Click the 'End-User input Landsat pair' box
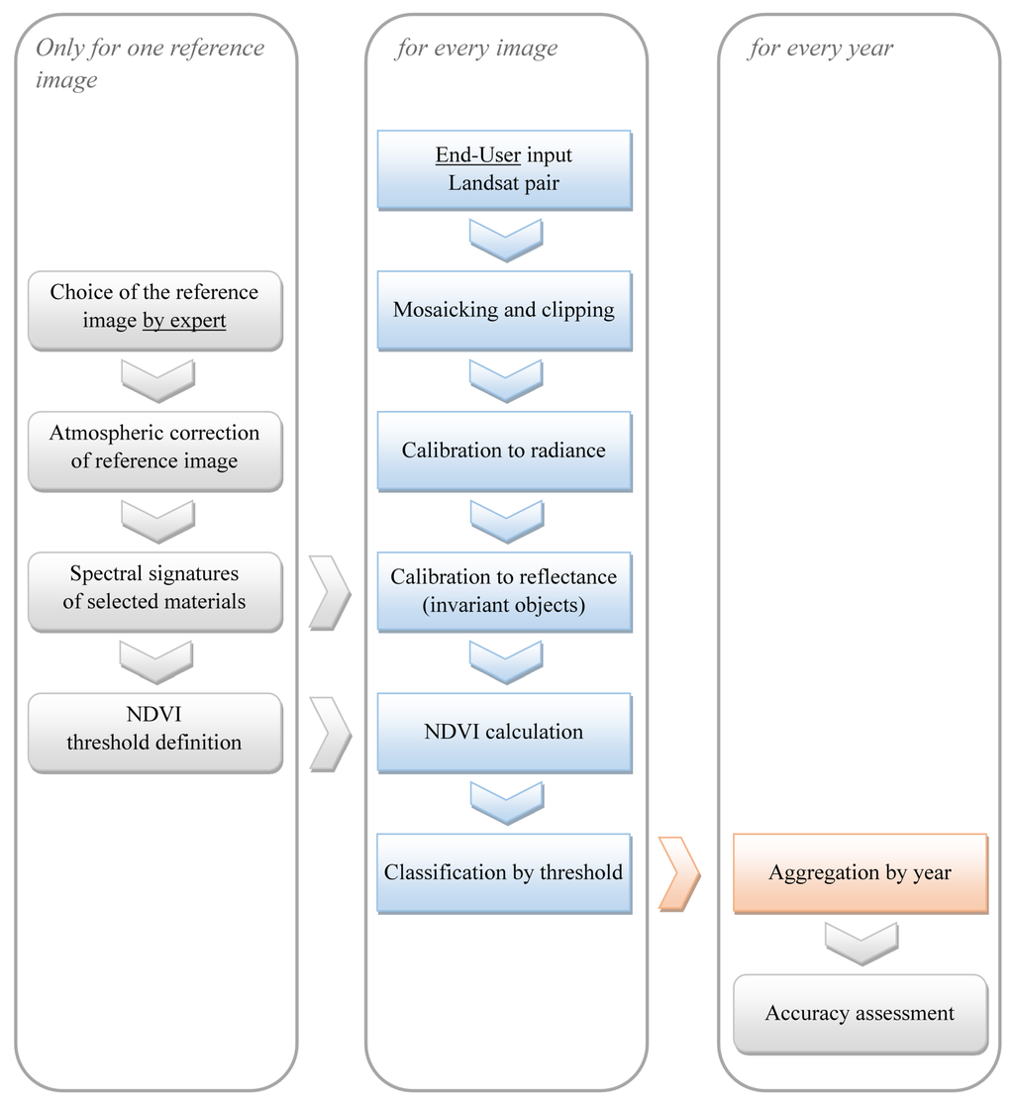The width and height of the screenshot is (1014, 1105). tap(503, 169)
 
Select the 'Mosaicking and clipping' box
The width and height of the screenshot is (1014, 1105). tap(503, 310)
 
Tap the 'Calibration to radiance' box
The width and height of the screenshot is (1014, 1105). tap(503, 451)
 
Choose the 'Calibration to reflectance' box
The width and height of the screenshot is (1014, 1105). tap(503, 591)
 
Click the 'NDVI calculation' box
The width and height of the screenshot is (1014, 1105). tap(503, 732)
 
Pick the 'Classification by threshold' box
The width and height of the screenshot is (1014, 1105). tap(503, 872)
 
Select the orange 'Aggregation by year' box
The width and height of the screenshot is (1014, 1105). tap(860, 872)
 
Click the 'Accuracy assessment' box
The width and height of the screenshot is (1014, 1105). tap(860, 1013)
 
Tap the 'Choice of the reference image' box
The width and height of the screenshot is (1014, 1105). tap(154, 310)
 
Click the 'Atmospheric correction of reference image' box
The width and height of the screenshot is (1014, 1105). tap(154, 451)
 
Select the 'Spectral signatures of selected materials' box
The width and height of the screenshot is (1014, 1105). tap(154, 591)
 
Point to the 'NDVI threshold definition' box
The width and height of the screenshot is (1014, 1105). tap(154, 732)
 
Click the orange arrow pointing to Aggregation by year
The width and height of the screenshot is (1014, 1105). tap(680, 873)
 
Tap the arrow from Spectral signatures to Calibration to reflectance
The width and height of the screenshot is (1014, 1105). tap(330, 592)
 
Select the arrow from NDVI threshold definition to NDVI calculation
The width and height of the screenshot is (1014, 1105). tap(330, 733)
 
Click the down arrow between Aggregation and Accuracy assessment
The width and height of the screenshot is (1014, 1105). tap(861, 943)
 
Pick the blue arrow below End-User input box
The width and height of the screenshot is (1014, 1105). tap(505, 240)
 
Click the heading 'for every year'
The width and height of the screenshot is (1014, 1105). tap(820, 49)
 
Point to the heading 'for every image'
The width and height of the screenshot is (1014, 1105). tap(476, 49)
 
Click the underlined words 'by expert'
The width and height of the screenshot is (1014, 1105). tap(184, 321)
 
